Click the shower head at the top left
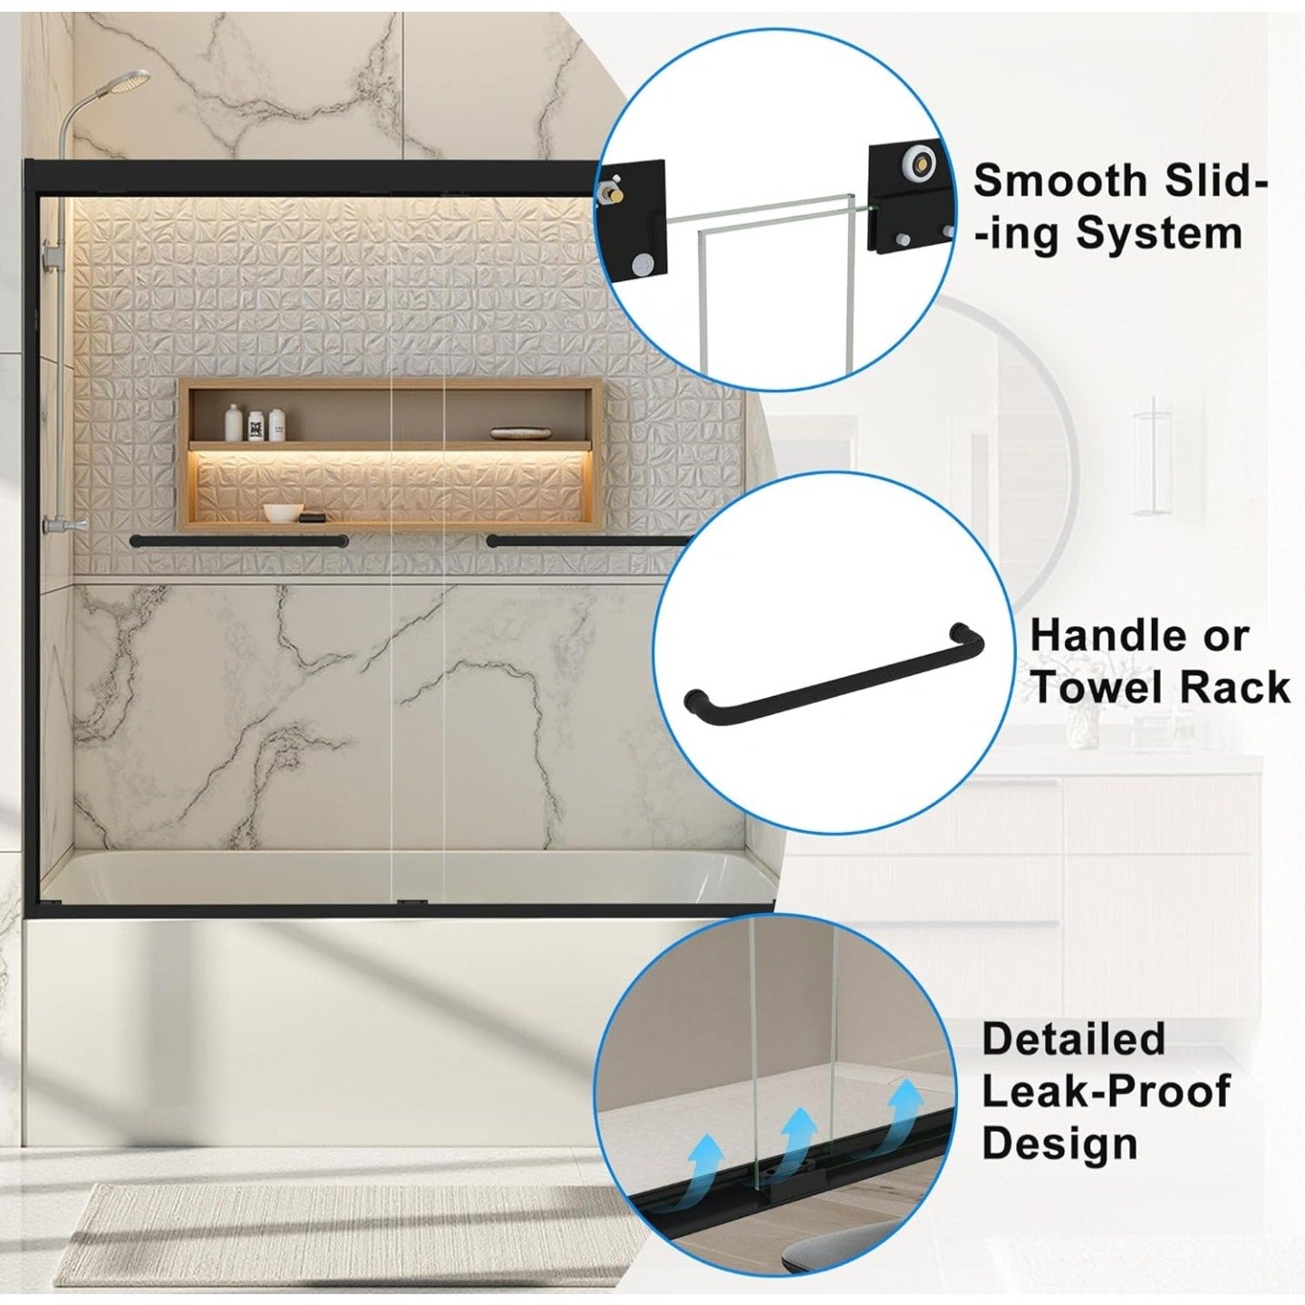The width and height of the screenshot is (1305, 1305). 132,81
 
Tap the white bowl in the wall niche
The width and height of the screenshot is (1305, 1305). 285,512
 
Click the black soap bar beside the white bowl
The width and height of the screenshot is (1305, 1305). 314,517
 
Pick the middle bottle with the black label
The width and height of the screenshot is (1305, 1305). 256,422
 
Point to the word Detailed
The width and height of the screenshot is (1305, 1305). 1073,1039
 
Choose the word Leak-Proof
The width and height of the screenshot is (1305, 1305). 1106,1091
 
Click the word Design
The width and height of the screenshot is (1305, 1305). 1059,1143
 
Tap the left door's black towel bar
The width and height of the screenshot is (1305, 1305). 238,541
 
